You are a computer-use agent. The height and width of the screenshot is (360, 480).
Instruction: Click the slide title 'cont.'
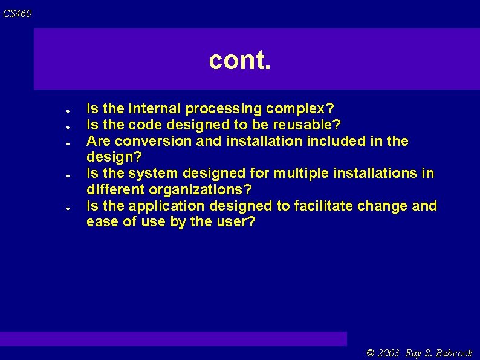240,60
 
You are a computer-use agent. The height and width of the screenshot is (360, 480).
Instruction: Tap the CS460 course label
17,13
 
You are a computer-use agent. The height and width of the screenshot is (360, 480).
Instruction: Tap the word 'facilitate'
323,206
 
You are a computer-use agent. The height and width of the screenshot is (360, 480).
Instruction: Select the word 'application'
165,206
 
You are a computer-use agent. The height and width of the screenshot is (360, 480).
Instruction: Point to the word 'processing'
223,109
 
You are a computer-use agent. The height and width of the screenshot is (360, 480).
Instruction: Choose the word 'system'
151,174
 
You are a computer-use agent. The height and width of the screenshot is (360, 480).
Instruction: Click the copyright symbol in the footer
371,353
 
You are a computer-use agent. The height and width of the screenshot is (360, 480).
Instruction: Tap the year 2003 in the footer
389,353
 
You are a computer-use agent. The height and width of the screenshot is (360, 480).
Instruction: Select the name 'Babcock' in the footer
454,353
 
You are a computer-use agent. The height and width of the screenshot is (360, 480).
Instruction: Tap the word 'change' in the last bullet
382,206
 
